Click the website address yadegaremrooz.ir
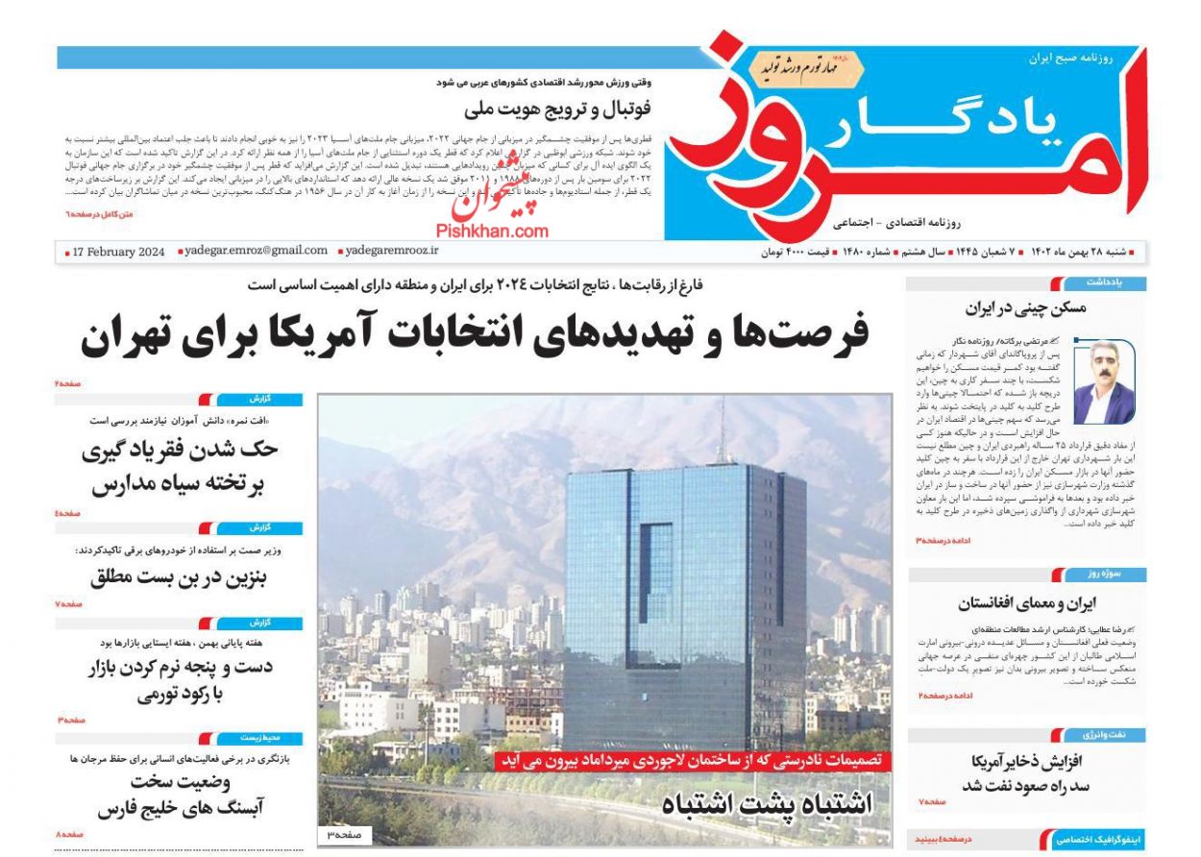click(x=391, y=251)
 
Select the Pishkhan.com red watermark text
click(x=492, y=231)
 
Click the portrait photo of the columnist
click(x=1103, y=381)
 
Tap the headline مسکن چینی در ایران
click(x=1025, y=309)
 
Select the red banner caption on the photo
click(x=693, y=761)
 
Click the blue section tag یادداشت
click(x=1103, y=283)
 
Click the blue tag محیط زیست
click(x=259, y=739)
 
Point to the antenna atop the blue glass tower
click(x=722, y=428)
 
